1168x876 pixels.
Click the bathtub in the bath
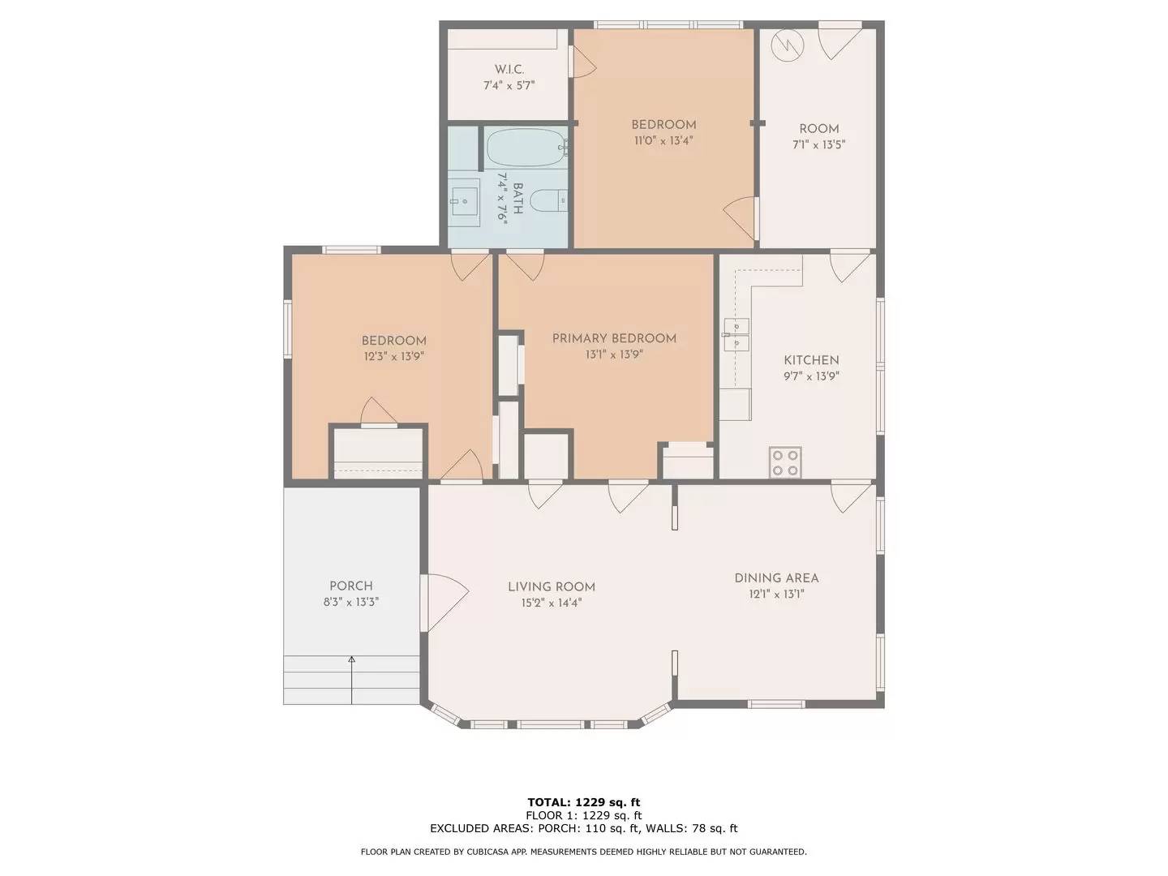tap(526, 148)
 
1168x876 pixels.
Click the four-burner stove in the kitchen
tap(785, 462)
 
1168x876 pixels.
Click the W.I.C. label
tap(509, 70)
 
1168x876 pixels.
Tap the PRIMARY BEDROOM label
tap(614, 338)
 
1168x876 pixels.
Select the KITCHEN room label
tap(811, 360)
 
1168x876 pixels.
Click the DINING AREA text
tap(776, 578)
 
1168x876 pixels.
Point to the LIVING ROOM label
tap(552, 587)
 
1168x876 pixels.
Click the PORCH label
tap(351, 586)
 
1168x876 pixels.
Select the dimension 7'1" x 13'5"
tap(818, 145)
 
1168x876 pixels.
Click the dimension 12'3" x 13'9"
tap(393, 356)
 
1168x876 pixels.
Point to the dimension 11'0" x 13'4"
tap(663, 140)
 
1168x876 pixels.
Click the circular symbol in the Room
tap(785, 45)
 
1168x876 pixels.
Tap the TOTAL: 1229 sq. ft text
tap(583, 803)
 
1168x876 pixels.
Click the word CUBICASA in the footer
tap(509, 852)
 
